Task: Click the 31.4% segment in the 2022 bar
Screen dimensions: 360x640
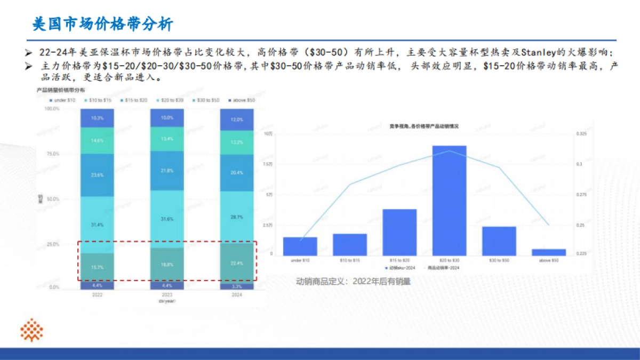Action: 98,225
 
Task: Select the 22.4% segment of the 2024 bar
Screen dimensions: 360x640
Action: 237,263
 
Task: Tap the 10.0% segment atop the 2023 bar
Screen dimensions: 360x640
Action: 167,118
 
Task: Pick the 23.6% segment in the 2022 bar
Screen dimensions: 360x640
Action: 98,175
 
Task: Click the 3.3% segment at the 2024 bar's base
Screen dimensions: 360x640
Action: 237,286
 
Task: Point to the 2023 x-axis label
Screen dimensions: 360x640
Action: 167,294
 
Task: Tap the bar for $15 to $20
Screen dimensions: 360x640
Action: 399,231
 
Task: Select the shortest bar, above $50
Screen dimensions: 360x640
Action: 548,252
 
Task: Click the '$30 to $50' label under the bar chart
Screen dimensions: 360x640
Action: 499,260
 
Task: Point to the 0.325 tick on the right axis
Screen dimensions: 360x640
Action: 581,134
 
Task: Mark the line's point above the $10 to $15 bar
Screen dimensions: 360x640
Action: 350,185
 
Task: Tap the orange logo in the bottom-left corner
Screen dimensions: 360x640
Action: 31,330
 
